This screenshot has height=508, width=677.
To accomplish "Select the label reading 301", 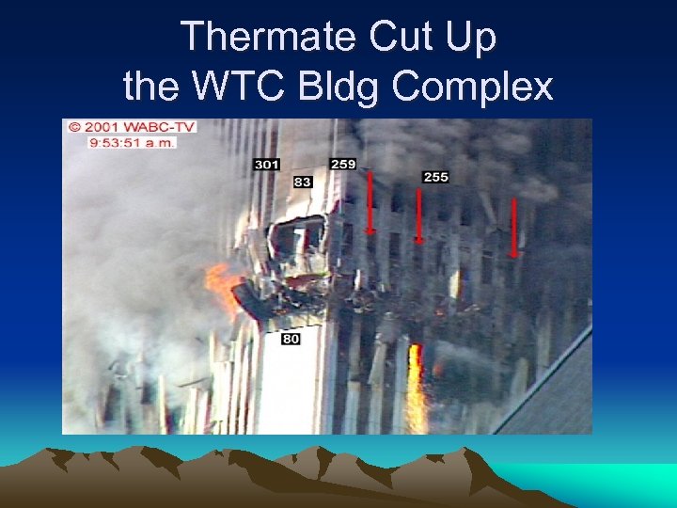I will [267, 165].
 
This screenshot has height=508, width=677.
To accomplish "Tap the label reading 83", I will [302, 182].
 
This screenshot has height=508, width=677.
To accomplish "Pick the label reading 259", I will [343, 164].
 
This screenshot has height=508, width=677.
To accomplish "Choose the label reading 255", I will [435, 176].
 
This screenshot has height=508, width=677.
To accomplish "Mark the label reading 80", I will [291, 338].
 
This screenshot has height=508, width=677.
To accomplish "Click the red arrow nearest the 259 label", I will [370, 202].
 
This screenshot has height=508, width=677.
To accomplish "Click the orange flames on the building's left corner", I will [224, 287].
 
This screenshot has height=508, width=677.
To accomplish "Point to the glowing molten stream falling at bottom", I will [416, 390].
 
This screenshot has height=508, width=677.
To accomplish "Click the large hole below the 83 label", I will [297, 240].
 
